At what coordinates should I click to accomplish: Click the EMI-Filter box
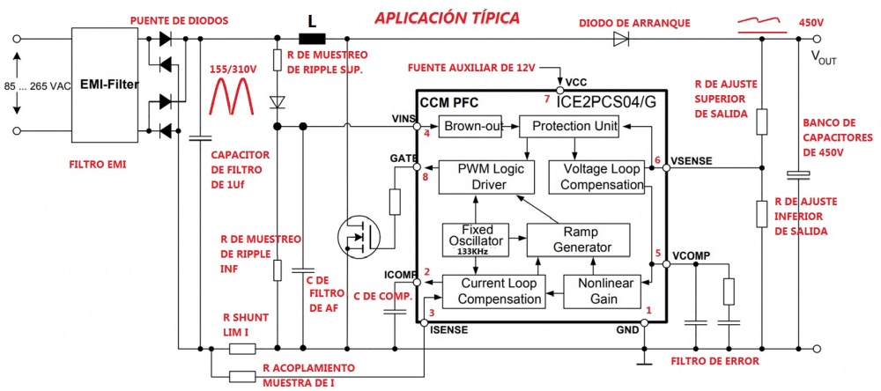pyautogui.click(x=106, y=86)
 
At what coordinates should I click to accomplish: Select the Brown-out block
pyautogui.click(x=472, y=126)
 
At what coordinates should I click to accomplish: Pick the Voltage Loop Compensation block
pyautogui.click(x=603, y=176)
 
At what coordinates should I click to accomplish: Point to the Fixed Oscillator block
pyautogui.click(x=477, y=239)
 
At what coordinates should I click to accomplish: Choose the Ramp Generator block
pyautogui.click(x=581, y=239)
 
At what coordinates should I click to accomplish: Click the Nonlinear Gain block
pyautogui.click(x=609, y=291)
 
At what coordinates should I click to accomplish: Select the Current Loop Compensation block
pyautogui.click(x=491, y=291)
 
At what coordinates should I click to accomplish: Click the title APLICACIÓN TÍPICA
pyautogui.click(x=447, y=18)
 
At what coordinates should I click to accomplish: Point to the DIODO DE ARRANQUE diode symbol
pyautogui.click(x=620, y=38)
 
